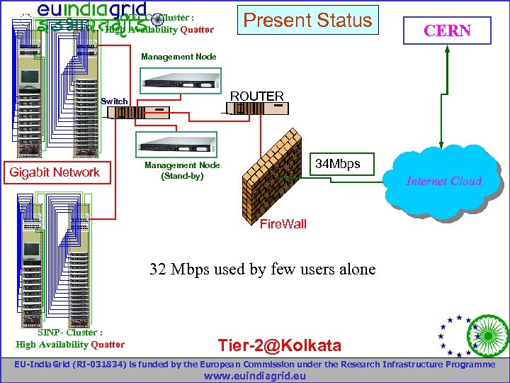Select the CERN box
(x=446, y=30)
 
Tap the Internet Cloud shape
(x=443, y=178)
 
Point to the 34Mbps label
(x=337, y=165)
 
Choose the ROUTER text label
(x=256, y=96)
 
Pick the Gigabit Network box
(x=55, y=172)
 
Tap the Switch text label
(x=115, y=101)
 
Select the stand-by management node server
(x=174, y=143)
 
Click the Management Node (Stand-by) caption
(x=182, y=170)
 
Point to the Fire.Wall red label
(x=283, y=224)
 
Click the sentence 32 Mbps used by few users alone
(x=262, y=270)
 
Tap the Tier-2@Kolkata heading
(x=279, y=346)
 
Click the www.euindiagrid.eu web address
(x=254, y=375)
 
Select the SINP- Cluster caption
(x=69, y=338)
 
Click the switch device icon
(x=151, y=111)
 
